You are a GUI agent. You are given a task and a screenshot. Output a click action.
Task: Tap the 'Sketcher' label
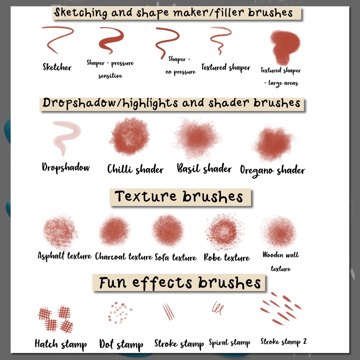[57, 67]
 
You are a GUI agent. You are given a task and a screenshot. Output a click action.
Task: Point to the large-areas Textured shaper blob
[285, 47]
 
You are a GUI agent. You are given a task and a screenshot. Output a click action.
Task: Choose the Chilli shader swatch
[130, 136]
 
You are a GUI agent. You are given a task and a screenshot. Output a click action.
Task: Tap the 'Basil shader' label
[204, 169]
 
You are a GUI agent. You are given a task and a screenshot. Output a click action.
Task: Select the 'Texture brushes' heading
[179, 197]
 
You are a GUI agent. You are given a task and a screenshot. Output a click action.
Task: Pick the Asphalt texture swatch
[60, 231]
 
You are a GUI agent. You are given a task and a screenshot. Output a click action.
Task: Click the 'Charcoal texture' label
[124, 256]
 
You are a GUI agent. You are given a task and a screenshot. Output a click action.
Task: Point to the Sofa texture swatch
[168, 230]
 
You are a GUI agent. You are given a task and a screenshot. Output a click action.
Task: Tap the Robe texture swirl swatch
[225, 231]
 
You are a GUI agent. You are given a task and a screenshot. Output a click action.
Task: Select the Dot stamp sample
[120, 312]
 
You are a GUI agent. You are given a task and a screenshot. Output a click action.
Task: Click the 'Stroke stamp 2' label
[284, 342]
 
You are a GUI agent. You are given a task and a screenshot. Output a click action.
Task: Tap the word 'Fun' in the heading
[113, 283]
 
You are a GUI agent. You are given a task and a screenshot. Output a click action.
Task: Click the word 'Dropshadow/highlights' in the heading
[110, 103]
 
